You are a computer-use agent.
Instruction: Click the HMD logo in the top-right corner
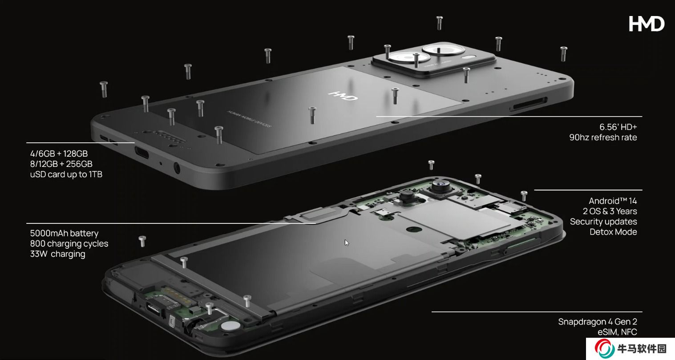click(x=647, y=24)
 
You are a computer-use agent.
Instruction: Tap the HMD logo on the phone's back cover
click(x=343, y=96)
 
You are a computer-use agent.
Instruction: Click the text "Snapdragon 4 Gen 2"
click(x=597, y=322)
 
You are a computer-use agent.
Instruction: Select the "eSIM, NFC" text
click(x=617, y=332)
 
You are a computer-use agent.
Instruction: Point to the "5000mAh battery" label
click(x=64, y=234)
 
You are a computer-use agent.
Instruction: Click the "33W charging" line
click(x=57, y=254)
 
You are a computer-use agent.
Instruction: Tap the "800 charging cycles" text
click(x=69, y=243)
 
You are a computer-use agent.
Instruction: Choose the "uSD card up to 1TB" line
click(x=66, y=174)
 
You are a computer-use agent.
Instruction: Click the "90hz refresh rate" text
click(x=603, y=138)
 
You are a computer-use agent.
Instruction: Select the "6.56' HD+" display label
click(x=618, y=127)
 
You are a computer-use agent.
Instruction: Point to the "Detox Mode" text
click(x=613, y=232)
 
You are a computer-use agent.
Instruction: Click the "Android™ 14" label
click(x=613, y=201)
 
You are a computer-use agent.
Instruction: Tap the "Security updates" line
click(x=603, y=222)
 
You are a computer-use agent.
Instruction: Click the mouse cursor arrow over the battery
click(x=347, y=243)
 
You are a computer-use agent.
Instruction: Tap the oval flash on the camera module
click(x=468, y=57)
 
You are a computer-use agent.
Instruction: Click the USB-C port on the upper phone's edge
click(x=141, y=153)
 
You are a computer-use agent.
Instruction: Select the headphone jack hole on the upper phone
click(x=177, y=168)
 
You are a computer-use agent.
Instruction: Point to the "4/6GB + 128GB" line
click(x=59, y=154)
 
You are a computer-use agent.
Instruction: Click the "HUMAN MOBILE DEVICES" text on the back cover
click(x=249, y=119)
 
